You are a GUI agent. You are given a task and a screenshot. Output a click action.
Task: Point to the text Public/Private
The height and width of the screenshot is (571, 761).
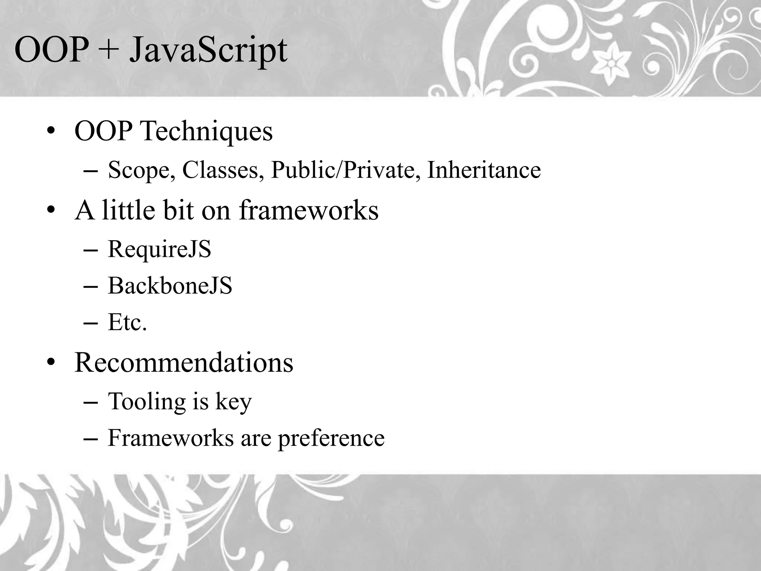346,170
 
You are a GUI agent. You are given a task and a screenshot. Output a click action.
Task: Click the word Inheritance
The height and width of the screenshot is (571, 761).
484,170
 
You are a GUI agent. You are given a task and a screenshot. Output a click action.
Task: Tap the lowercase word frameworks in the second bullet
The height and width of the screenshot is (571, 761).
308,210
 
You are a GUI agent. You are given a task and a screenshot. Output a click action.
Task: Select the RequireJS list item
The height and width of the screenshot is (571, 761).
159,249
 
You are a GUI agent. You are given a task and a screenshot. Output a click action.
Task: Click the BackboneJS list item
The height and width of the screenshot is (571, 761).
170,286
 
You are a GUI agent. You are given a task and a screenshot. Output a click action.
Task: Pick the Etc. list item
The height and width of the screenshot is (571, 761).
127,322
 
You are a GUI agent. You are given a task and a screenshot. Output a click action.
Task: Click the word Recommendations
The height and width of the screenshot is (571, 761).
184,362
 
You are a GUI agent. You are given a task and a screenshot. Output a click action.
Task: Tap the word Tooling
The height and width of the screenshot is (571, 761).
146,402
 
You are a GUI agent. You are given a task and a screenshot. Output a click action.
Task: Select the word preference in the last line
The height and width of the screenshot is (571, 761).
331,438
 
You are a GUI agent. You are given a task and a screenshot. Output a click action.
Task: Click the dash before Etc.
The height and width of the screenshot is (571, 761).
91,323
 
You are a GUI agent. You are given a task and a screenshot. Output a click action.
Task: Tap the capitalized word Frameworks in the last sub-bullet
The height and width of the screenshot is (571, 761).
171,438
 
